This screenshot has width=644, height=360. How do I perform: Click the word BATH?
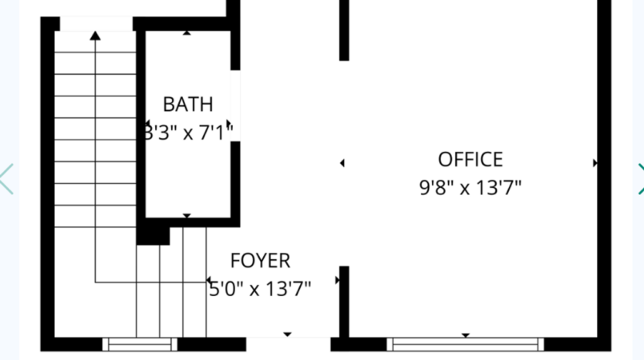pos(187,104)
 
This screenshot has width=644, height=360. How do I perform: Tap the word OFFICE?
pos(470,160)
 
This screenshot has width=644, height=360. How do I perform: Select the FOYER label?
pos(260,261)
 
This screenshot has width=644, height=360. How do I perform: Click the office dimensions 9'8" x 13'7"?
pos(470,187)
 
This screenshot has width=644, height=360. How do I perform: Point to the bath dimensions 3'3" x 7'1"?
pos(189,132)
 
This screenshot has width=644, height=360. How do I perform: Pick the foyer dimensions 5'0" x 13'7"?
pos(261,289)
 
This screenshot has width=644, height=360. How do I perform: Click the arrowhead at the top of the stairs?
pos(95,35)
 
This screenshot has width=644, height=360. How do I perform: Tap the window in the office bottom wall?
pos(466,344)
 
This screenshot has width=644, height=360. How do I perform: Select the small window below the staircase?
pos(140,344)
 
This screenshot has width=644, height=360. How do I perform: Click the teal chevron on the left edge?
pos(6,179)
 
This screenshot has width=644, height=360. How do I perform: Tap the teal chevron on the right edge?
pos(639,179)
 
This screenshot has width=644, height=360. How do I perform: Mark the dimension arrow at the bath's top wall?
pos(187,32)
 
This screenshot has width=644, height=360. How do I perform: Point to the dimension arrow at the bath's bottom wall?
pos(187,216)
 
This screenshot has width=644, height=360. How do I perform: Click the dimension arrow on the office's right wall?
pos(595,163)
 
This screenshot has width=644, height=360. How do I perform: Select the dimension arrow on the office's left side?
pos(342,163)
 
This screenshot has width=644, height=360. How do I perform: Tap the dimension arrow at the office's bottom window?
pos(466,335)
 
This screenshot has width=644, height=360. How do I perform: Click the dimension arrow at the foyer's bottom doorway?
pos(288,335)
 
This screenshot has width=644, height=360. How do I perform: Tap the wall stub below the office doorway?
pos(344,301)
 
